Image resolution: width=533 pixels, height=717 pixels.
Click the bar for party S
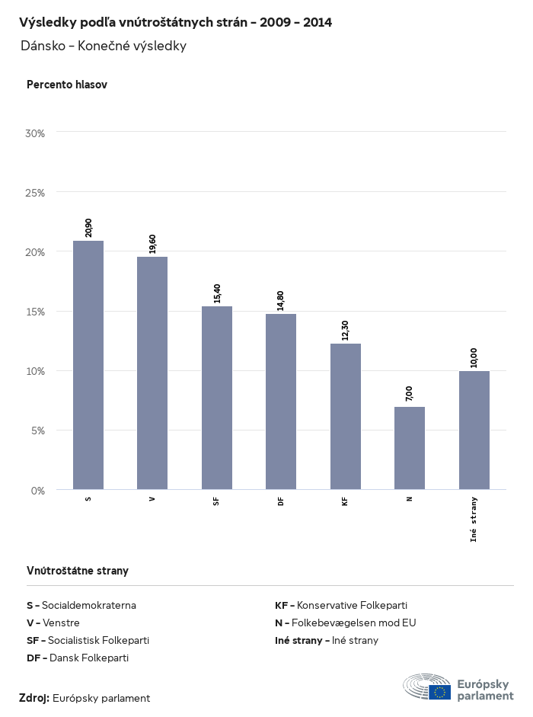coord(88,365)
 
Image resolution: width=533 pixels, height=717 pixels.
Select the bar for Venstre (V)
coord(152,373)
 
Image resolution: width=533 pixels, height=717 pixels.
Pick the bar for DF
coord(281,402)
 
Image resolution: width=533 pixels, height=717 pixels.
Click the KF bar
coord(346,416)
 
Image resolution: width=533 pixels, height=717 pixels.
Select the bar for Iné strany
coord(474,430)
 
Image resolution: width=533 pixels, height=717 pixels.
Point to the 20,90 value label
coord(89,228)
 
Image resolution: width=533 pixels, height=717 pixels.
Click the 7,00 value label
coord(410,394)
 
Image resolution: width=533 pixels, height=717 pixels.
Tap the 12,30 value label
coord(346,330)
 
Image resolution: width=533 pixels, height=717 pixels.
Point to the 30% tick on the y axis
coord(36,133)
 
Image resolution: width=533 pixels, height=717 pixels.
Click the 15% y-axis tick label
coord(36,312)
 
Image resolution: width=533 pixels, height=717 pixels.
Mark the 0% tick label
coord(38,490)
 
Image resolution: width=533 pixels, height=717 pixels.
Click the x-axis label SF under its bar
coord(217,500)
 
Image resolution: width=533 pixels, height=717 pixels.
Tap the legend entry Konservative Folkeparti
coord(346,605)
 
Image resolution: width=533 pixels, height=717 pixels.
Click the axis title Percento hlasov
coord(67,85)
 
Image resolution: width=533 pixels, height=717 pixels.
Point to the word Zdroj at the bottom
coord(34,698)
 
